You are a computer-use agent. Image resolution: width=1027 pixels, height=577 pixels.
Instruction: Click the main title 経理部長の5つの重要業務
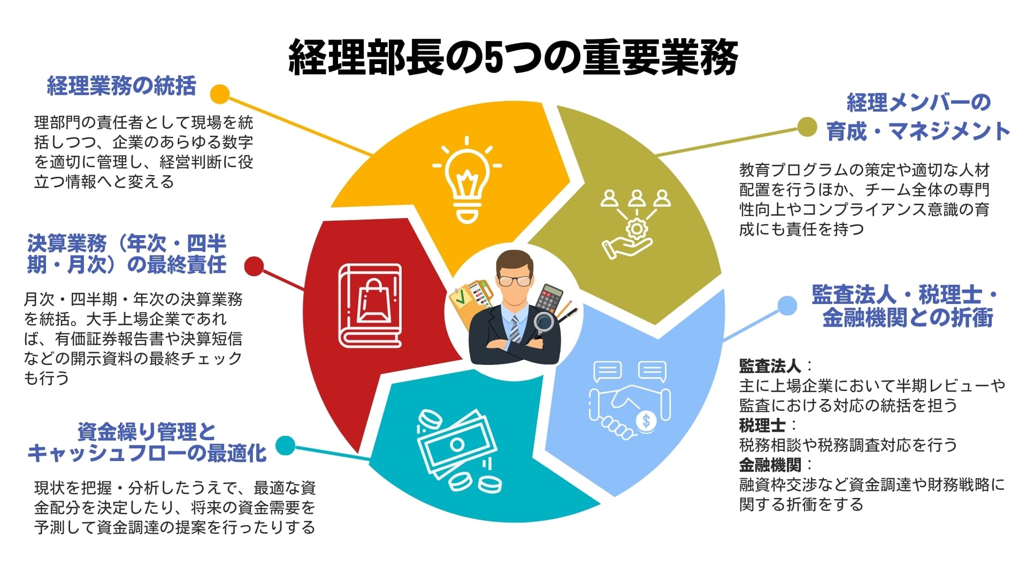(513, 58)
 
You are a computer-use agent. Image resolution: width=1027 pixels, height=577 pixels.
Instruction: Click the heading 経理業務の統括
(121, 86)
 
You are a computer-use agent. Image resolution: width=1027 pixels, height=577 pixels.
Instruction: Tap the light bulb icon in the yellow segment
(467, 179)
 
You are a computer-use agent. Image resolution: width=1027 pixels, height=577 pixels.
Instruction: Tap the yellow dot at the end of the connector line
(219, 94)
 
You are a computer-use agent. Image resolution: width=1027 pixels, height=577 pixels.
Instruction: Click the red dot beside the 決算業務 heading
(254, 266)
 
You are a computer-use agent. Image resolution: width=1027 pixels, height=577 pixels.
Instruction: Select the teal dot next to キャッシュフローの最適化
(285, 446)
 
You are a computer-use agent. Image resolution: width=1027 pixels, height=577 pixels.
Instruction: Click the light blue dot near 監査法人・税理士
(787, 306)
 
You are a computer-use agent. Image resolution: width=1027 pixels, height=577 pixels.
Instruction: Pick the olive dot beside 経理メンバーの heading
(807, 127)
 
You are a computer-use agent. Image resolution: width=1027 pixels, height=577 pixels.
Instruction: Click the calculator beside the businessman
(550, 298)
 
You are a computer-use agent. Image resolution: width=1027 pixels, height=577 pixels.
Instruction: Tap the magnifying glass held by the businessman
(544, 323)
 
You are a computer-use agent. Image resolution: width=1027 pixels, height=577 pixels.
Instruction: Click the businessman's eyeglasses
(514, 280)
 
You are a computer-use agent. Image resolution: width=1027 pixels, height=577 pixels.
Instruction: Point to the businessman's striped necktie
(515, 328)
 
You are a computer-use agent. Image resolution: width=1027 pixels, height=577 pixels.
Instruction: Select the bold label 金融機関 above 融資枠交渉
(770, 465)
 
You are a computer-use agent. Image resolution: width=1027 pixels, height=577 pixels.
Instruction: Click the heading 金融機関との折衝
(907, 318)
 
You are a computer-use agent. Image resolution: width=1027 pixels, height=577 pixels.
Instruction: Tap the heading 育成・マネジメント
(918, 131)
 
